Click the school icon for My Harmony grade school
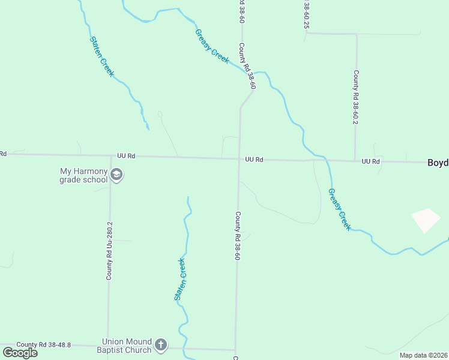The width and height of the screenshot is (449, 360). pyautogui.click(x=116, y=175)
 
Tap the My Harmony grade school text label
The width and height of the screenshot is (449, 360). pyautogui.click(x=83, y=175)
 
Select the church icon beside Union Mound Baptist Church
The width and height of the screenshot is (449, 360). pyautogui.click(x=160, y=344)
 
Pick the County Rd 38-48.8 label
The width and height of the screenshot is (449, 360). pyautogui.click(x=44, y=344)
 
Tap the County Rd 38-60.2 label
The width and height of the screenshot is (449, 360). pyautogui.click(x=355, y=97)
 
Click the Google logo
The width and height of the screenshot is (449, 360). pyautogui.click(x=20, y=352)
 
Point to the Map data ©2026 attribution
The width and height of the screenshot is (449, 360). pyautogui.click(x=423, y=355)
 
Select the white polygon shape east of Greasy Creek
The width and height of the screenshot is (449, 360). pyautogui.click(x=426, y=220)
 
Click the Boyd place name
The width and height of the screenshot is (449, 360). pyautogui.click(x=438, y=163)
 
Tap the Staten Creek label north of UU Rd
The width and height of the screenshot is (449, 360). pyautogui.click(x=102, y=56)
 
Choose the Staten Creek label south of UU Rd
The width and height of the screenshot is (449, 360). pyautogui.click(x=180, y=279)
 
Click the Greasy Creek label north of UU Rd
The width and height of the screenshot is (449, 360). pyautogui.click(x=212, y=46)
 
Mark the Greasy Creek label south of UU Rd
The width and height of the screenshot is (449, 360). pyautogui.click(x=339, y=209)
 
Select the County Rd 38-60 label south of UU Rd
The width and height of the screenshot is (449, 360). pyautogui.click(x=238, y=236)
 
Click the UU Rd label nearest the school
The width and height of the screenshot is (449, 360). pyautogui.click(x=126, y=156)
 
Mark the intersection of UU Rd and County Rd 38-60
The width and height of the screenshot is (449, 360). pyautogui.click(x=239, y=159)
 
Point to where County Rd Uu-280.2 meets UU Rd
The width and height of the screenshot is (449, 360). pyautogui.click(x=110, y=157)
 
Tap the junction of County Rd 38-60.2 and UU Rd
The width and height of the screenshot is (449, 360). pyautogui.click(x=355, y=161)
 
